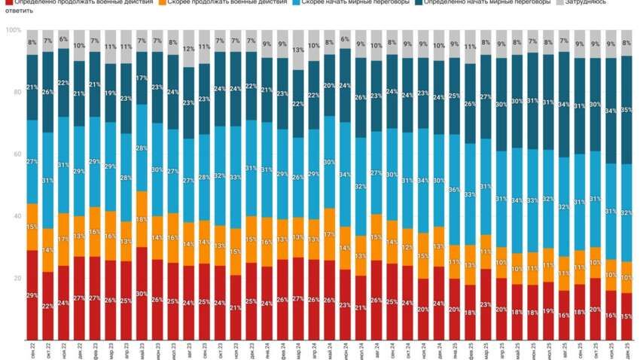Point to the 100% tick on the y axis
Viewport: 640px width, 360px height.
point(13,30)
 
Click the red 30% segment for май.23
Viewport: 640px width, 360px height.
point(141,294)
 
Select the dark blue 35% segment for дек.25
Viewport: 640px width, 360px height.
point(626,110)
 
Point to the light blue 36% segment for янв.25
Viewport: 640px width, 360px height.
point(454,189)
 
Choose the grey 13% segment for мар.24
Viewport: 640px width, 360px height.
point(298,50)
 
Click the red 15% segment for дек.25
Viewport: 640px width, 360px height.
point(626,317)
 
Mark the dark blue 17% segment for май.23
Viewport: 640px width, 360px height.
point(141,78)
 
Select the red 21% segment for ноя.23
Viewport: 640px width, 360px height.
point(236,307)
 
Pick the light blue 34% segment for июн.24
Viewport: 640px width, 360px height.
point(345,174)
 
